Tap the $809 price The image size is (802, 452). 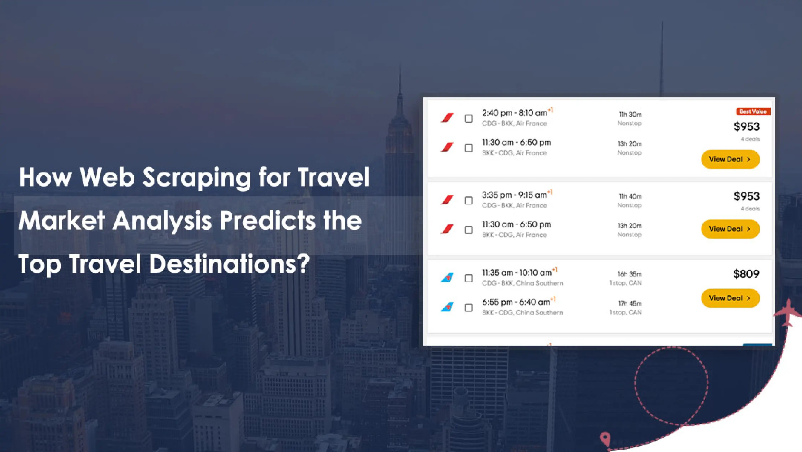(746, 274)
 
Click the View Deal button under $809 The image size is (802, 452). (730, 298)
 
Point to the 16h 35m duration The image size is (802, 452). (630, 274)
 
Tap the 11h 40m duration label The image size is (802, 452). (630, 196)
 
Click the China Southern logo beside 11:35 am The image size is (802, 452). (447, 277)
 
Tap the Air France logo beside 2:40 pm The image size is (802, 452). (447, 118)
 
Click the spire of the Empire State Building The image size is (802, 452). (400, 90)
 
